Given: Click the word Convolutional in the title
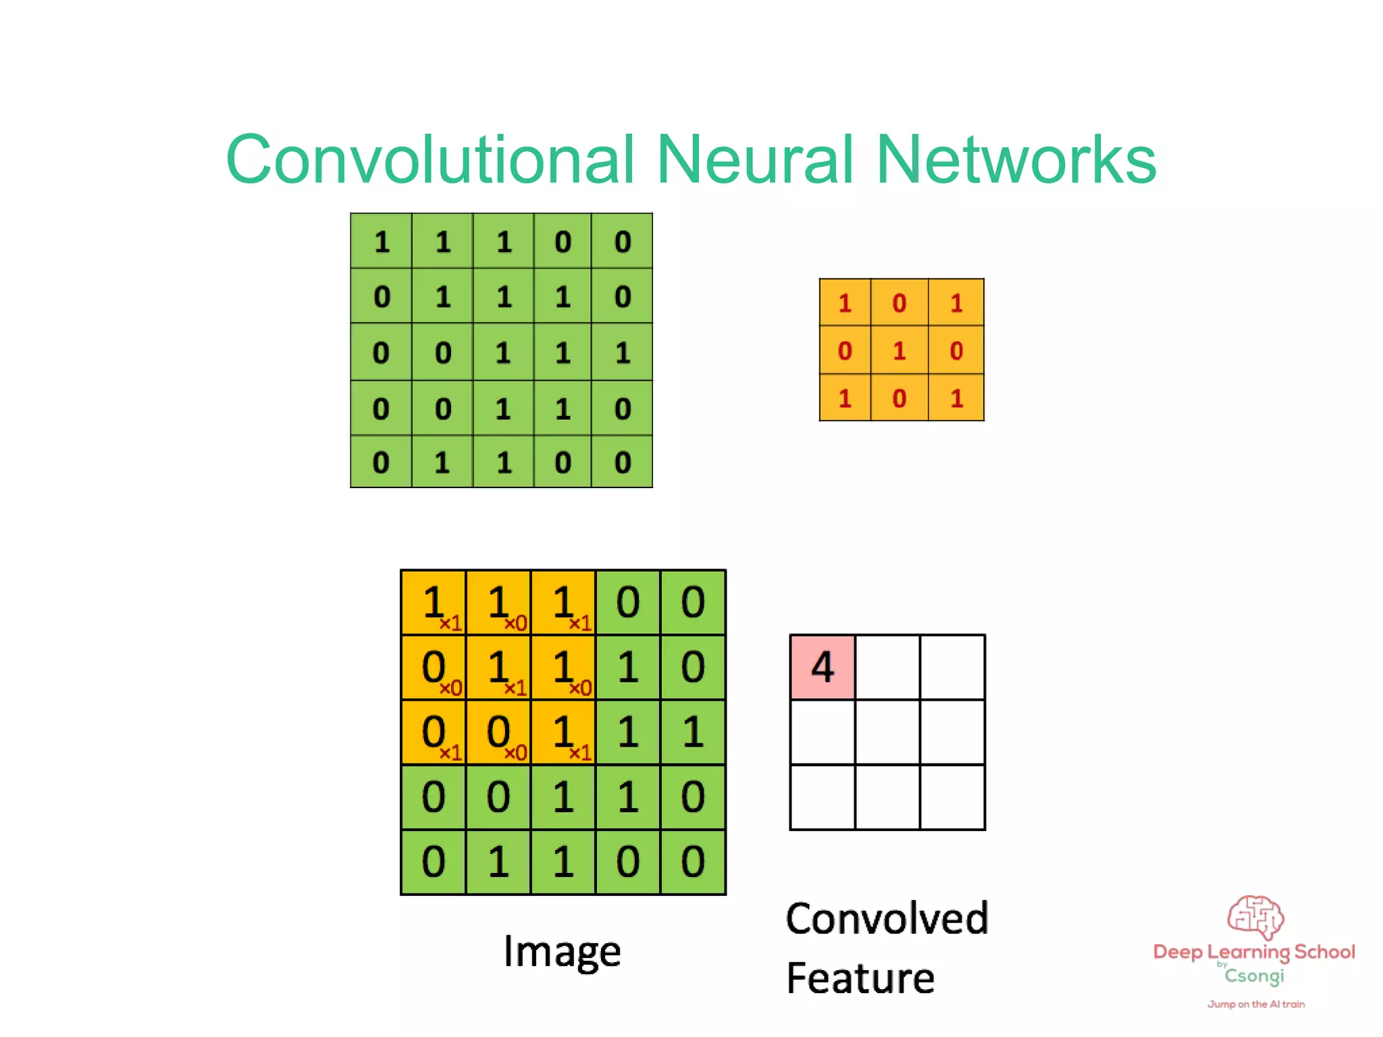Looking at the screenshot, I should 431,159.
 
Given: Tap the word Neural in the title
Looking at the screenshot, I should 755,159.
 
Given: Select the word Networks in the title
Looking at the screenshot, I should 1016,159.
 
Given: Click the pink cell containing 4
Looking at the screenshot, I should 823,667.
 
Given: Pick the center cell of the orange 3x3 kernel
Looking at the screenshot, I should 899,350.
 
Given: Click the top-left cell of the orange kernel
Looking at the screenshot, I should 845,303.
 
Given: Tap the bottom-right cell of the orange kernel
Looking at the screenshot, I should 956,398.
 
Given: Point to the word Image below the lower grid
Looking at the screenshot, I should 562,952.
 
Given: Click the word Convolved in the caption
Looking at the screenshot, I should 887,919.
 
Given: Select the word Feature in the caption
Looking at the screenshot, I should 860,978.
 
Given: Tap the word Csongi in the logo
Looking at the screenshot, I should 1254,976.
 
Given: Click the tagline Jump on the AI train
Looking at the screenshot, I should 1256,1004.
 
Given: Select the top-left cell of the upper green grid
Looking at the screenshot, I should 382,242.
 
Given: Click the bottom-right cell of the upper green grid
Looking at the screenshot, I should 623,462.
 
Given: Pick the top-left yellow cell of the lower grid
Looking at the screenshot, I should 434,602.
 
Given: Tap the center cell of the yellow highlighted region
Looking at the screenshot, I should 498,667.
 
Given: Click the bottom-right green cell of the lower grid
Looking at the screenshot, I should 693,862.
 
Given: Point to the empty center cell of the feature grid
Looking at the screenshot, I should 887,732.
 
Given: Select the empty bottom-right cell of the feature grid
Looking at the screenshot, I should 952,797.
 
